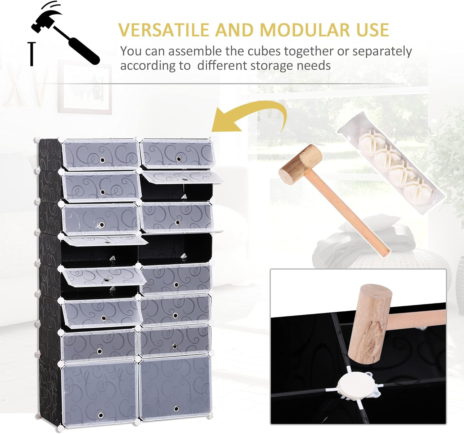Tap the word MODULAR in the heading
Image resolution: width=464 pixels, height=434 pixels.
[x=302, y=30]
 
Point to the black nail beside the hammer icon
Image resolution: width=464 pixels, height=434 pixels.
[x=31, y=54]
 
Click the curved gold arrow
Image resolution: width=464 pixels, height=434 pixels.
[x=251, y=118]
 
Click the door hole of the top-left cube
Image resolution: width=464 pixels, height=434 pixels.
[x=103, y=160]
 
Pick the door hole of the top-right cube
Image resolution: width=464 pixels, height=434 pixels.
[x=179, y=159]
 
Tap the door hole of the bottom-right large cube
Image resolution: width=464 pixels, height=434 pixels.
[x=176, y=409]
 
